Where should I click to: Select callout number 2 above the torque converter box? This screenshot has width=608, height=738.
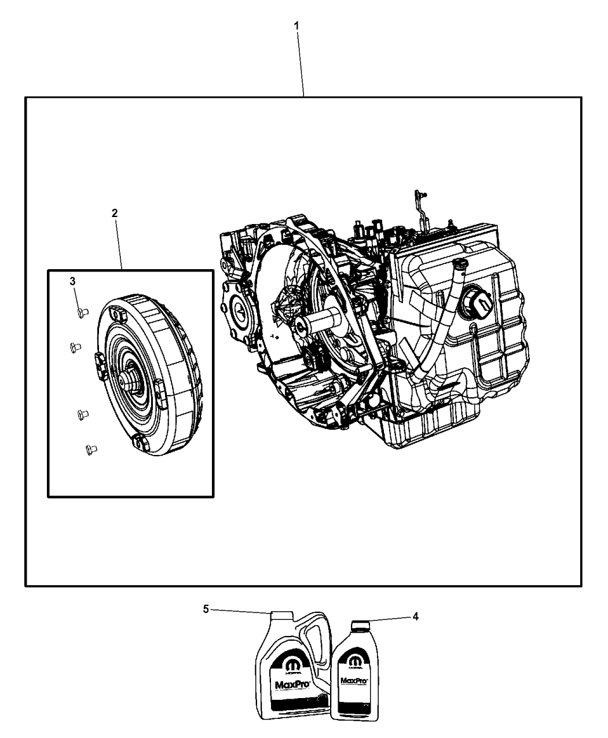[115, 213]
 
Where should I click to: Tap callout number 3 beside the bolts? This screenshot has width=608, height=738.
[72, 281]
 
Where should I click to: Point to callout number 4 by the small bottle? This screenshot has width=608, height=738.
[415, 616]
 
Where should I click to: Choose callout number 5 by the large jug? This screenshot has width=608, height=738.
[206, 609]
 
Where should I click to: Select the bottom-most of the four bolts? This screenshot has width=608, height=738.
[90, 448]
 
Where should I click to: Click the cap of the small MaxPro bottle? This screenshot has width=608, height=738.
[360, 625]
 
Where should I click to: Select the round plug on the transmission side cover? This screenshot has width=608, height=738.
[475, 302]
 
